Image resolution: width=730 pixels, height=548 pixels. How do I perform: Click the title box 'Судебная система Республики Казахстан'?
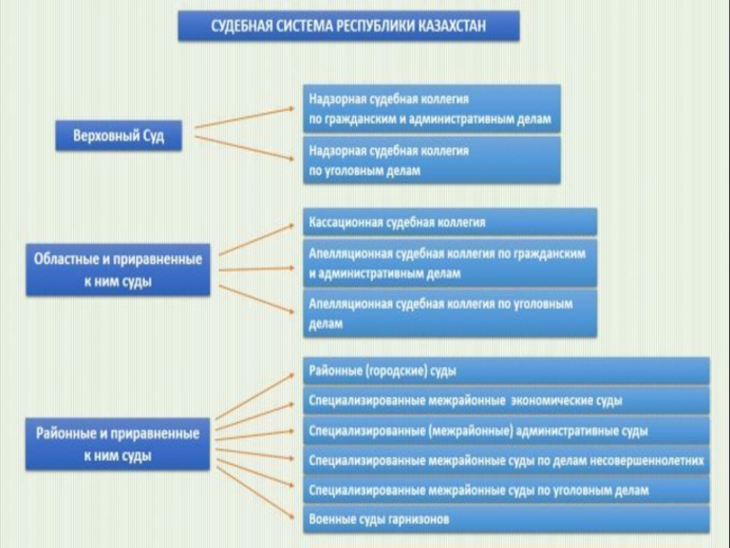click(x=349, y=26)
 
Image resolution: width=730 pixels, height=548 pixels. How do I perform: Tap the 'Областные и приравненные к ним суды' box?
click(x=119, y=269)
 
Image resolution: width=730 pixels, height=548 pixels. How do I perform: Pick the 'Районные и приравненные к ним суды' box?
click(x=119, y=443)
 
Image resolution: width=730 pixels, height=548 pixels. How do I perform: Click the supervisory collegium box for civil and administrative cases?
click(x=431, y=109)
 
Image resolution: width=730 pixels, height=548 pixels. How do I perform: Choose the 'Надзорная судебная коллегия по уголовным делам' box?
click(x=431, y=160)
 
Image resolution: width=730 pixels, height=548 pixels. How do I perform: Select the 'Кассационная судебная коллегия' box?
click(x=450, y=222)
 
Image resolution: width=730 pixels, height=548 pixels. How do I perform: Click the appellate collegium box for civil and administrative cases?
click(x=450, y=263)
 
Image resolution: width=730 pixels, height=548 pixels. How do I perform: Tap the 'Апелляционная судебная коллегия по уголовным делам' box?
click(x=450, y=313)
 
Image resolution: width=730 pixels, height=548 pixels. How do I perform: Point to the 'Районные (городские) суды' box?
click(x=506, y=371)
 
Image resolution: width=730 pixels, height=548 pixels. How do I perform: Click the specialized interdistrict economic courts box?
click(x=506, y=400)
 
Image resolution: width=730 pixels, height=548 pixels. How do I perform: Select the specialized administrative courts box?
click(x=506, y=430)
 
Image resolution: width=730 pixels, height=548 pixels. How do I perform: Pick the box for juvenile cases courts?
click(x=506, y=459)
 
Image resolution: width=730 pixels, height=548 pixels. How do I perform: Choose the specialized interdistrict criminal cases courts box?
click(x=506, y=490)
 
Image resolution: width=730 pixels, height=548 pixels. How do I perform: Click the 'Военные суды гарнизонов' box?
click(x=506, y=519)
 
